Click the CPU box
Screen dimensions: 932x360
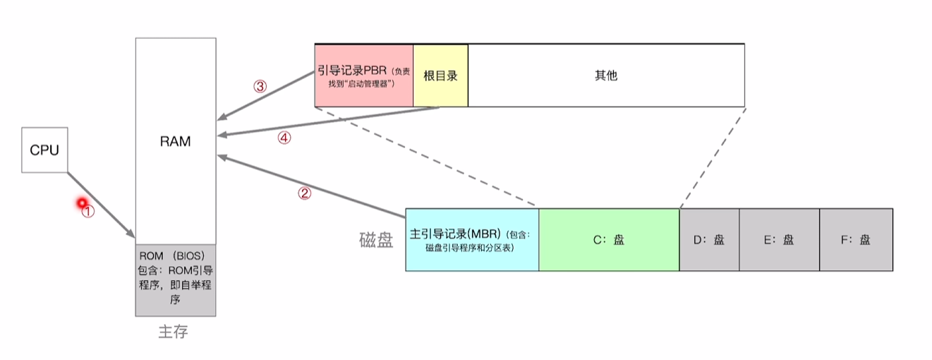point(44,150)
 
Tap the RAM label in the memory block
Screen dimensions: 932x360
point(175,141)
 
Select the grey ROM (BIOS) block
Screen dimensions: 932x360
point(176,280)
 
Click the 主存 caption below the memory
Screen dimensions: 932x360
point(173,332)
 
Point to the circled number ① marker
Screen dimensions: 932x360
point(87,212)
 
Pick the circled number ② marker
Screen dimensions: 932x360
point(304,193)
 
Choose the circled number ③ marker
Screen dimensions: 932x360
point(260,87)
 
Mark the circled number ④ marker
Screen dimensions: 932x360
point(284,138)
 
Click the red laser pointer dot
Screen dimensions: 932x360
point(82,203)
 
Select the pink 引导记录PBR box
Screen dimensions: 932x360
point(364,76)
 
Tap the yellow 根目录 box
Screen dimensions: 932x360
point(441,76)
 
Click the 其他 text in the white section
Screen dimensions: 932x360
point(606,76)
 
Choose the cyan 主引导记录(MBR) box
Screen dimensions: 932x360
point(472,240)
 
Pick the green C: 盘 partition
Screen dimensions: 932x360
point(609,240)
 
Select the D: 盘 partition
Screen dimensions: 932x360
point(709,240)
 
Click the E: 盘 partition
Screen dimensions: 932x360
point(780,240)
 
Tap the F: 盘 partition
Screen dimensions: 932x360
point(857,240)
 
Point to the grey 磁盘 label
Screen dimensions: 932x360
point(376,240)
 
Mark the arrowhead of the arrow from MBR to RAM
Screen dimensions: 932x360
point(222,157)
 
